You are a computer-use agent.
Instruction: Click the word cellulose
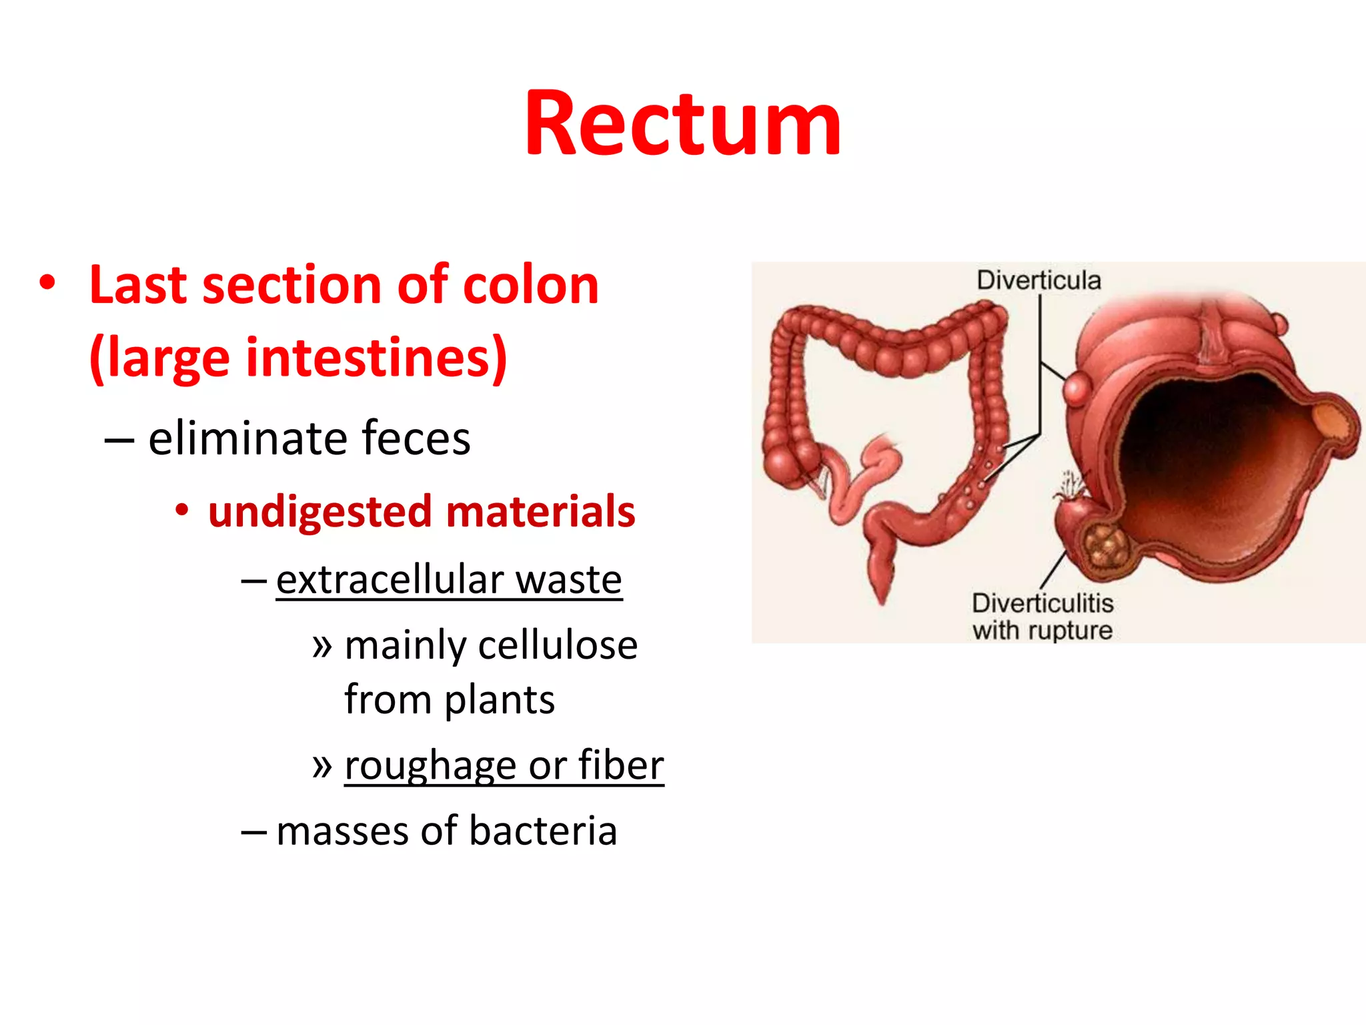(558, 645)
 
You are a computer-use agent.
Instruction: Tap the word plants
(500, 700)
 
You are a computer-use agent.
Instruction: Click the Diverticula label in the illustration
(1039, 280)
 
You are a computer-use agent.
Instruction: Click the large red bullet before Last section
(47, 283)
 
